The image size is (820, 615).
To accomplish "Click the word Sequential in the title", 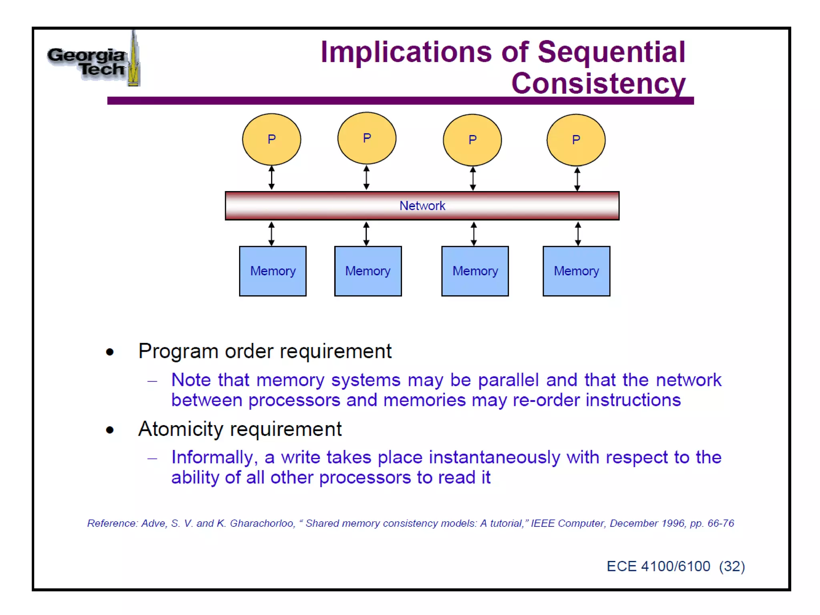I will [x=611, y=52].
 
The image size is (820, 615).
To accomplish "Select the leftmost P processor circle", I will [x=271, y=139].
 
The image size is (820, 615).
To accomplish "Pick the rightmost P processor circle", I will [x=576, y=140].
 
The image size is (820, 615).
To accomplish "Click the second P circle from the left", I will [x=367, y=138].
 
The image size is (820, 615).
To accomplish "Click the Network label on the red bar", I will [x=422, y=206].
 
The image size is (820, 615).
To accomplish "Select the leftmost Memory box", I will [x=273, y=271].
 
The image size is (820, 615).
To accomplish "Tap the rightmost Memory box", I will [x=576, y=271].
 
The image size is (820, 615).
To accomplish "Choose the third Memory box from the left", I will [x=475, y=271].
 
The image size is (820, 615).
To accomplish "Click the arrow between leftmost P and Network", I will [x=271, y=178].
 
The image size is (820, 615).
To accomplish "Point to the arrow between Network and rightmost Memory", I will [x=577, y=234].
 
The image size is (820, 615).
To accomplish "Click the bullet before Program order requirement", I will [x=110, y=352].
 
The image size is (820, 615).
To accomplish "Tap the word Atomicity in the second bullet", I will [x=180, y=429].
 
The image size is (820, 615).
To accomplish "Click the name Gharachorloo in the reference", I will [x=262, y=523].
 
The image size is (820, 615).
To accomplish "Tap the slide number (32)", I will [x=732, y=567].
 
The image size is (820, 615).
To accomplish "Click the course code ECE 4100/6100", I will [x=658, y=567].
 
